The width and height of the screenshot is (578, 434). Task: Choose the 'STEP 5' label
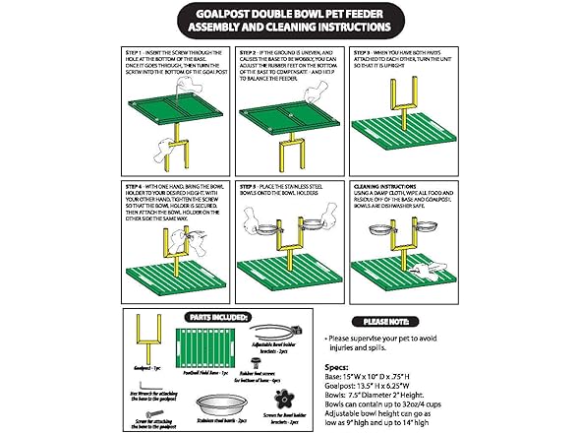click(x=251, y=184)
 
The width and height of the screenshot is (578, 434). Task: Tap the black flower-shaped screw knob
click(x=285, y=399)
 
